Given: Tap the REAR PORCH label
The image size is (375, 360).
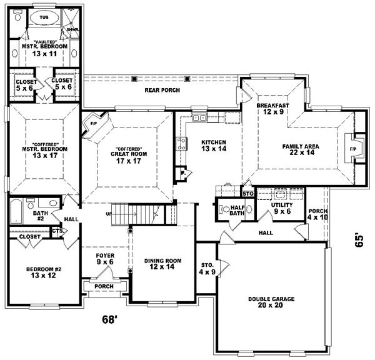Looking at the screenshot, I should click(162, 91).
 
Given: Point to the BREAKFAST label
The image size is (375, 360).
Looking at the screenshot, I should click(272, 106).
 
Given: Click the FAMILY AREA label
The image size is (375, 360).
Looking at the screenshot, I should click(301, 146).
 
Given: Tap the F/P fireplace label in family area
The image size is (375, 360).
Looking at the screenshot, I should click(352, 150).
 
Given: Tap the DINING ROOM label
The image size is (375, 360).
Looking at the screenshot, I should click(162, 261).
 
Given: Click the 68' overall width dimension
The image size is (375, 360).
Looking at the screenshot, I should click(110, 320).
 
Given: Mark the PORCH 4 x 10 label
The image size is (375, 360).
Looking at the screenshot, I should click(317, 214).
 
